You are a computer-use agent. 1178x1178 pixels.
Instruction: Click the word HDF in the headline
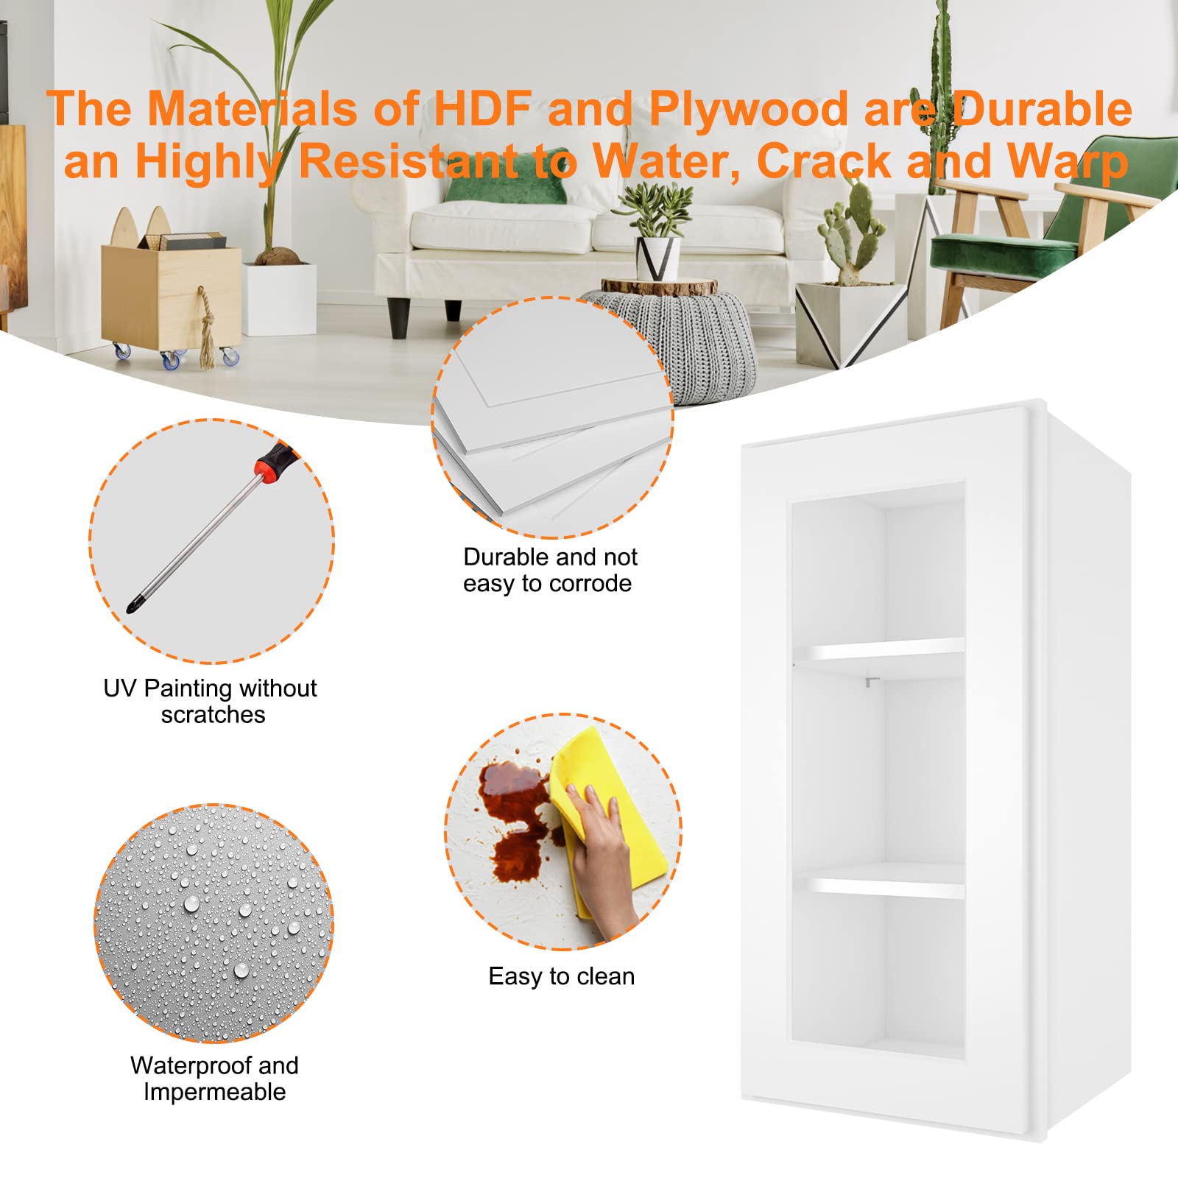[482, 109]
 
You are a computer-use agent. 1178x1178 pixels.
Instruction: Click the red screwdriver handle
[275, 462]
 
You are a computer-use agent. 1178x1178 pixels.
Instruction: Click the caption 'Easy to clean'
[561, 976]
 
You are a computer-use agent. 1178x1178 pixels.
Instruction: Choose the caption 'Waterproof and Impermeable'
[214, 1079]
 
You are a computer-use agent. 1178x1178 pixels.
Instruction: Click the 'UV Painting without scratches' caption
[211, 701]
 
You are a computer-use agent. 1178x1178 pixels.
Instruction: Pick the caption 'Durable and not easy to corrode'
[549, 570]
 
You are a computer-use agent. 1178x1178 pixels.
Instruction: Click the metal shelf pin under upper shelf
[870, 683]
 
